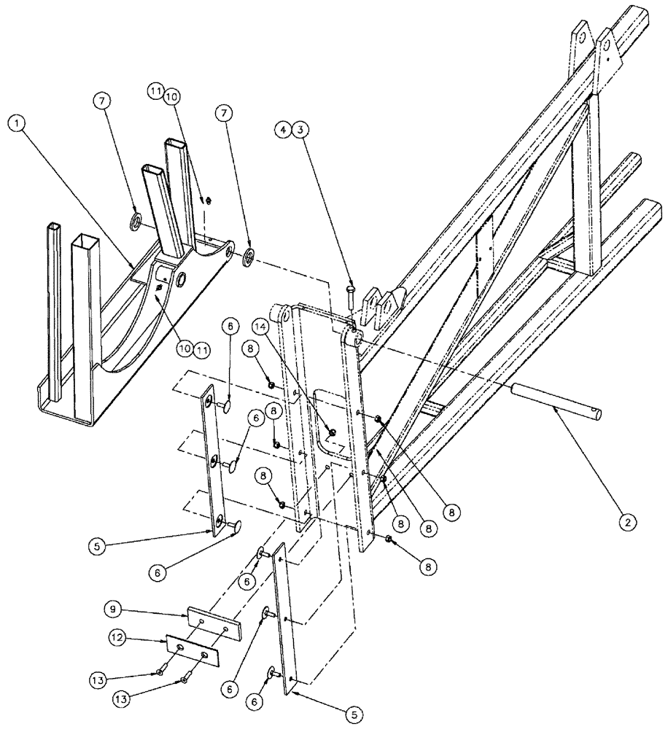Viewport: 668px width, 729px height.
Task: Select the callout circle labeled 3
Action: pyautogui.click(x=301, y=130)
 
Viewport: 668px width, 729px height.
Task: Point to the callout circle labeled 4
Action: pyautogui.click(x=285, y=130)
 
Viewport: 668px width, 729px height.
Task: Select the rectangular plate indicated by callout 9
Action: pyautogui.click(x=214, y=623)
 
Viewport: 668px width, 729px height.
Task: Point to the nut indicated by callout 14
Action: pyautogui.click(x=331, y=433)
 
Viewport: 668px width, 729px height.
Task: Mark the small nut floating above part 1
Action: pyautogui.click(x=206, y=201)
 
